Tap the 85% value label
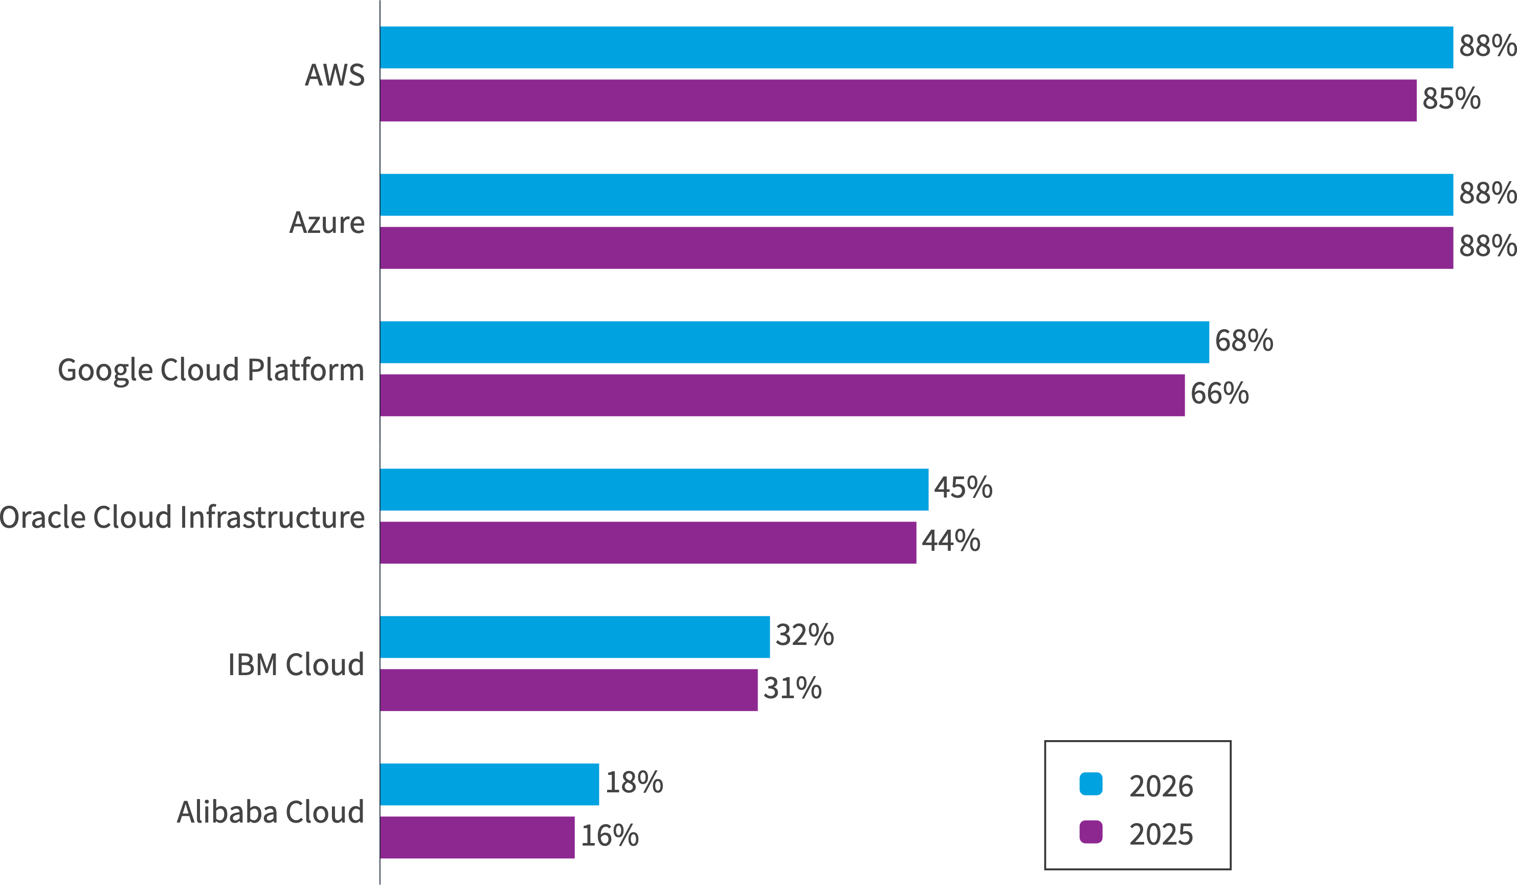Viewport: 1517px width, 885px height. coord(1452,99)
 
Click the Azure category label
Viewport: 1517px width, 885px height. coord(327,222)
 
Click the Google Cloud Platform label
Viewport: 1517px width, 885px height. coord(211,369)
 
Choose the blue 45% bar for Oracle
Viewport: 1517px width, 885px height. coord(654,489)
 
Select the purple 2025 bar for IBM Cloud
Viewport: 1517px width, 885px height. coord(569,690)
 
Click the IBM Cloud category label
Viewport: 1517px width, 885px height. coord(296,664)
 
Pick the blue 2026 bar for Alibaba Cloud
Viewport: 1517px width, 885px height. coord(489,784)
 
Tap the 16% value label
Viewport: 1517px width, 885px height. coord(609,835)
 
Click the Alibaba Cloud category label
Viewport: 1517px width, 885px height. coord(270,811)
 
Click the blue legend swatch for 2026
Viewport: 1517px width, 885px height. coord(1091,784)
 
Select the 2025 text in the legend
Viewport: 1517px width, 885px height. coord(1161,834)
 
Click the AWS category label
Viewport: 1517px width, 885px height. coord(334,75)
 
